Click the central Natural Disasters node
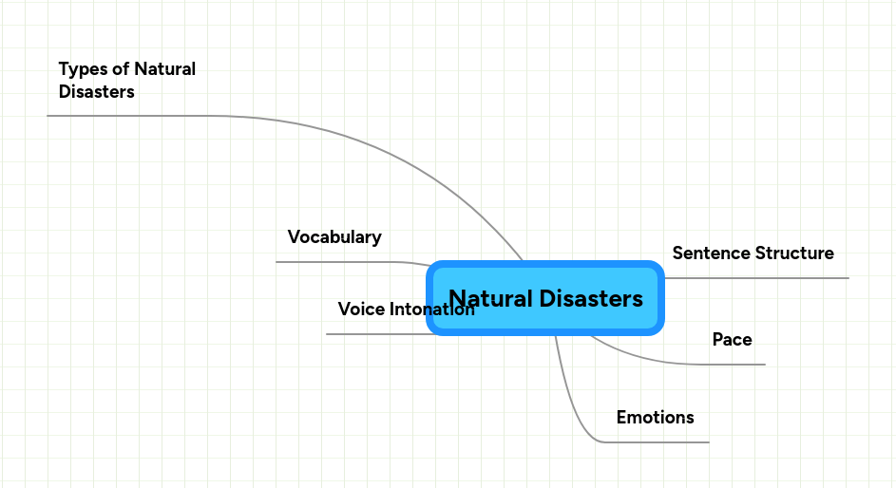545,298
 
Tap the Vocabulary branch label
334,237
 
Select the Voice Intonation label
406,310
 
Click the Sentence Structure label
753,253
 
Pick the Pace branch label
732,340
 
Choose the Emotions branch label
655,418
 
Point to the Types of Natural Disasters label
126,81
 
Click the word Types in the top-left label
81,69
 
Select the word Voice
362,310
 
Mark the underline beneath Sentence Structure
760,278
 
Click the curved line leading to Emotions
573,408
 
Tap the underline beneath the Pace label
722,364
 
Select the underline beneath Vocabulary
333,261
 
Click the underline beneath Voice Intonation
380,334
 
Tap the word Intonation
432,310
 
